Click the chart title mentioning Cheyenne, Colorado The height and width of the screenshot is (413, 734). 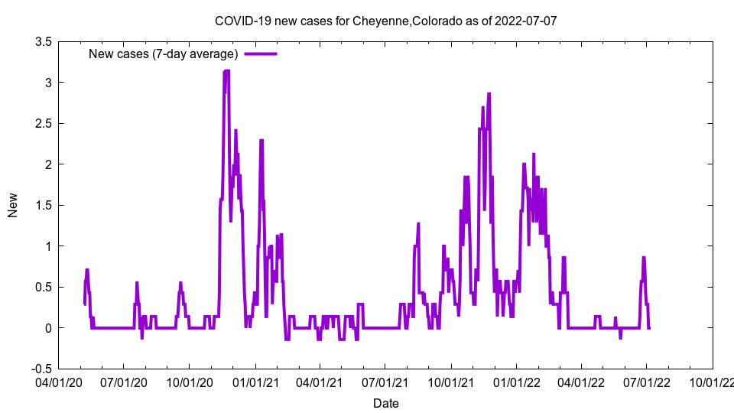click(385, 21)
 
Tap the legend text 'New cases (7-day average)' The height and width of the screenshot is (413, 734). click(164, 54)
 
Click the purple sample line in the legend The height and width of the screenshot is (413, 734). click(260, 54)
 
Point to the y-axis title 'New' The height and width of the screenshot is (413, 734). click(13, 205)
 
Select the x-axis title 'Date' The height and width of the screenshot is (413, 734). click(385, 403)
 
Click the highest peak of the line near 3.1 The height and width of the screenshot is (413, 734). click(226, 71)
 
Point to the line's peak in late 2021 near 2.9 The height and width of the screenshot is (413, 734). click(489, 93)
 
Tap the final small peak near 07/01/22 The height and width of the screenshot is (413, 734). click(644, 258)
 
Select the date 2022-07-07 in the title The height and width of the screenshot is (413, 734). click(528, 21)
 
